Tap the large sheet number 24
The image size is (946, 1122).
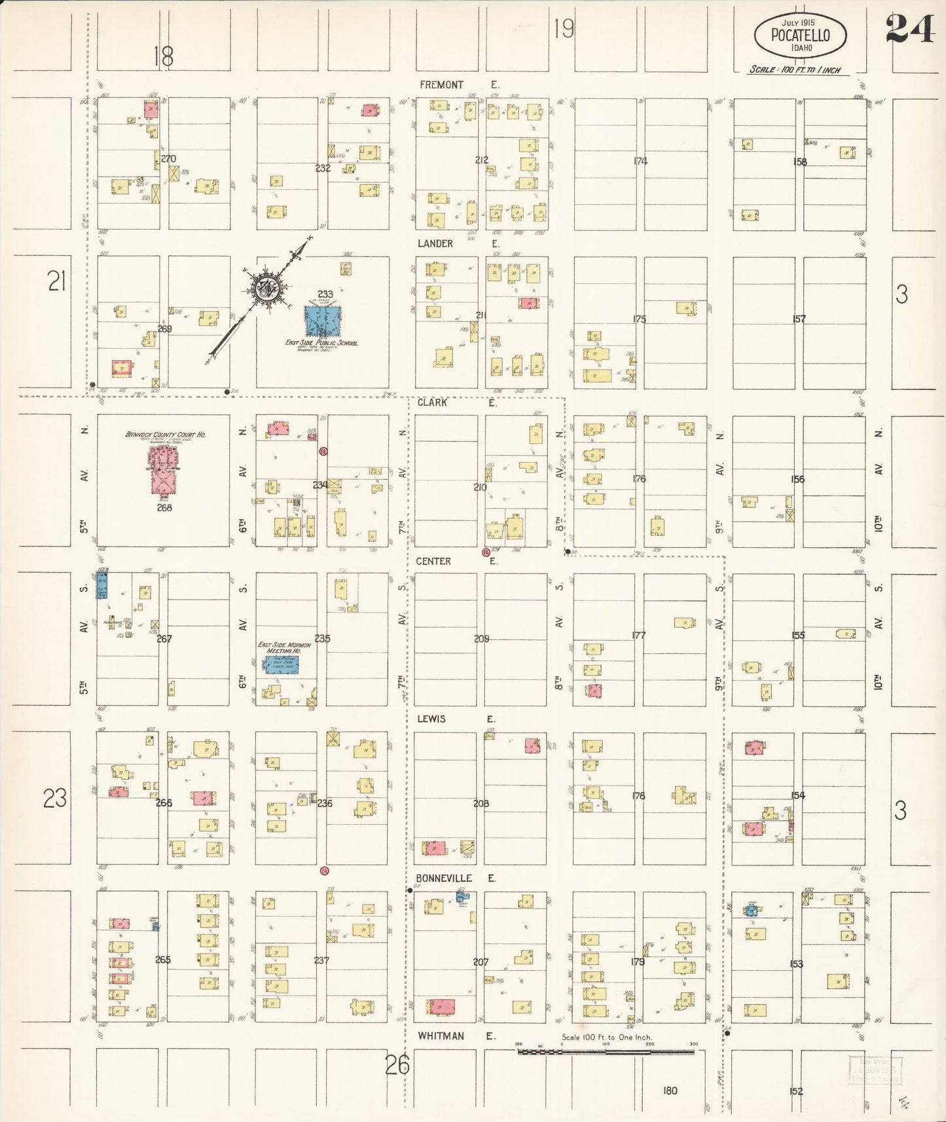[910, 29]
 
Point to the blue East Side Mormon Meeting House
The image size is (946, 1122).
[282, 665]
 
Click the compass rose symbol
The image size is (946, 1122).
[268, 288]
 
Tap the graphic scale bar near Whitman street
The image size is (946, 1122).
[606, 1052]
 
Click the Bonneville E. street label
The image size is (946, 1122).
[456, 878]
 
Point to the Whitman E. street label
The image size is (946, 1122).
[456, 1036]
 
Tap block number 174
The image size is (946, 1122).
[640, 161]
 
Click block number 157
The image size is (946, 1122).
[799, 319]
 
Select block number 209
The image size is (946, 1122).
[481, 638]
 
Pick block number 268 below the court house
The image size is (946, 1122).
[164, 507]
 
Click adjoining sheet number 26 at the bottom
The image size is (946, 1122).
[397, 1065]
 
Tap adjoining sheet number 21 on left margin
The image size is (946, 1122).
[57, 282]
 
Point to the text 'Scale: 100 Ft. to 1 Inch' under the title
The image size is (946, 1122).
[795, 69]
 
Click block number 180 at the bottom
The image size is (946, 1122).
[669, 1091]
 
